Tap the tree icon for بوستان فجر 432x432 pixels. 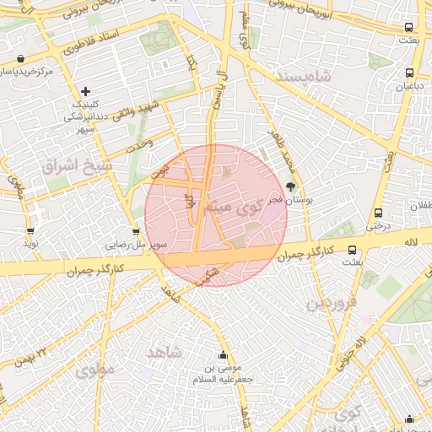291,187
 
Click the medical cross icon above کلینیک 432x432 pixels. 85,91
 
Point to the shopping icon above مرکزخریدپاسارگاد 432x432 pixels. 19,59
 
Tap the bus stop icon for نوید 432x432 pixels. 30,230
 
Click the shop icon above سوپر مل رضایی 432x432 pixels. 137,231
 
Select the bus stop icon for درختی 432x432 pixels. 377,213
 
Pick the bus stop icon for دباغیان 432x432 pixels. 409,73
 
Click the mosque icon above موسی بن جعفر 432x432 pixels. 223,355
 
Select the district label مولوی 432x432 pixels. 94,369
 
